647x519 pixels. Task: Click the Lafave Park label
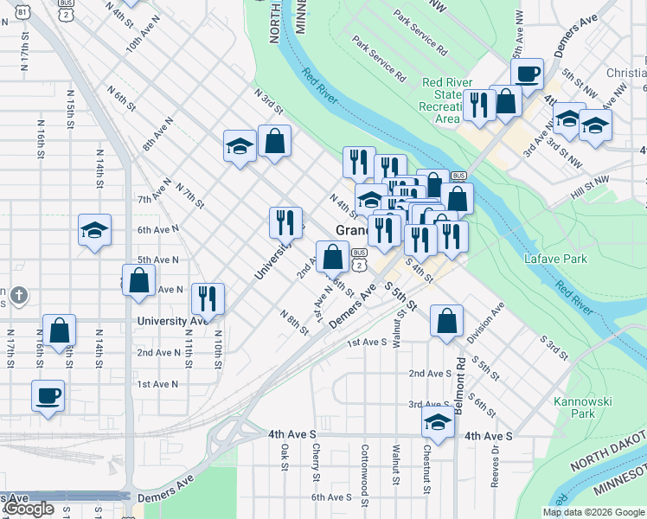click(555, 259)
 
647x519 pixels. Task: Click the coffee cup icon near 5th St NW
click(527, 74)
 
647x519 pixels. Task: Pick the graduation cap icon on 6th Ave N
click(94, 230)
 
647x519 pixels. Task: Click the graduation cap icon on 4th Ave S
click(439, 423)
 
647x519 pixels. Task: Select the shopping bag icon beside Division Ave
click(445, 320)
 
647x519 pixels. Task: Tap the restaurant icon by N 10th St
click(208, 298)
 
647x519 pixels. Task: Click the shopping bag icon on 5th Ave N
click(138, 280)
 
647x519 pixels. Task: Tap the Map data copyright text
click(593, 512)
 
